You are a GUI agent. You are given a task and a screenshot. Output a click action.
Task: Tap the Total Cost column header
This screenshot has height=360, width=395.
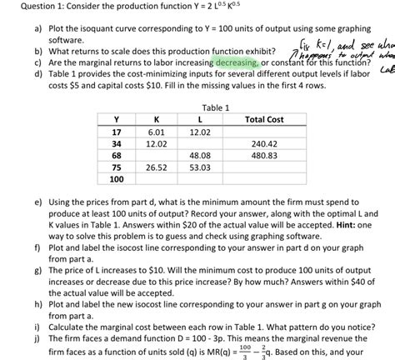tap(264, 120)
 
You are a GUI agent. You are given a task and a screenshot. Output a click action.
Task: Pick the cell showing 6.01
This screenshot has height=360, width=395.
tap(154, 132)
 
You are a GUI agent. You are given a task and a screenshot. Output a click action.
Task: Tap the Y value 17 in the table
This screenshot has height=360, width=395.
tap(116, 132)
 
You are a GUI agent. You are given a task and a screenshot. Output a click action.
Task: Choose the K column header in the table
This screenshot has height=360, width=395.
tap(154, 120)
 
